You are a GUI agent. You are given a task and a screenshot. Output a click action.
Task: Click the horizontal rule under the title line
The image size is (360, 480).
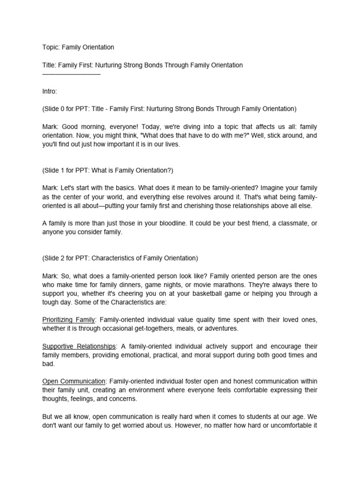click(71, 74)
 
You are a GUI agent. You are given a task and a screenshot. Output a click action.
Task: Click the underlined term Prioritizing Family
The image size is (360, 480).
click(69, 320)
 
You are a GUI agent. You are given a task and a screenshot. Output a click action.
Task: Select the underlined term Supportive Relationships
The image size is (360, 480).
click(79, 346)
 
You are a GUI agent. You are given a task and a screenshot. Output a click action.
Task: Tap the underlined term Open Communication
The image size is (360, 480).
click(74, 381)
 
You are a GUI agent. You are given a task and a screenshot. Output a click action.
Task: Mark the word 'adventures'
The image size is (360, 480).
click(222, 329)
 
